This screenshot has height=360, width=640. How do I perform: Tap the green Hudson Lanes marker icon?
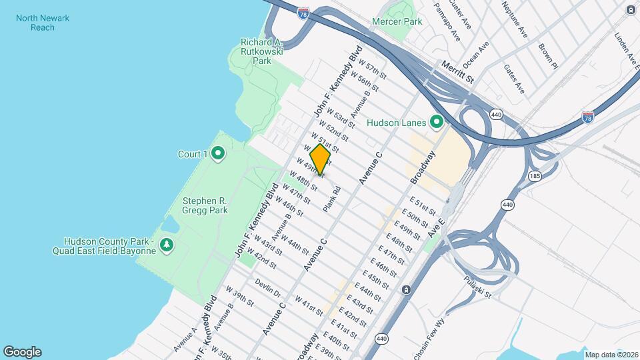[437, 122]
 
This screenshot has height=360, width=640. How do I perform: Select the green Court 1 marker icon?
[218, 155]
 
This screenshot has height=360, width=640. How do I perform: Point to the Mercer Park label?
[398, 22]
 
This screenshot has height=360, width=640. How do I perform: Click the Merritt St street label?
[457, 71]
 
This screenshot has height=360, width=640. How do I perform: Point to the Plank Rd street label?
[332, 199]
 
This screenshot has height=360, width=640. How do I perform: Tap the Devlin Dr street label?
[268, 288]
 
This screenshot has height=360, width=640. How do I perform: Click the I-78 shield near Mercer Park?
[303, 13]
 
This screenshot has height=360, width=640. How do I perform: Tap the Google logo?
[22, 352]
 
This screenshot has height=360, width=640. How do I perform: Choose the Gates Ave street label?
[514, 79]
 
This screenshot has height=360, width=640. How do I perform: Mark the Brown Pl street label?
[547, 57]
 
